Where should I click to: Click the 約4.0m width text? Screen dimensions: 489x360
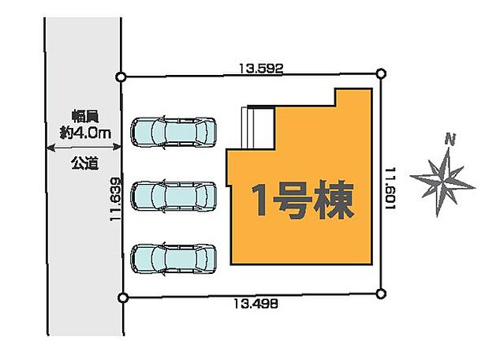83,133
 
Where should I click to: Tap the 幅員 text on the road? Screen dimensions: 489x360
83,115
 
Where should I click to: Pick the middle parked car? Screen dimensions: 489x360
174,194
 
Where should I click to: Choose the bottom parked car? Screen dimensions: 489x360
174,257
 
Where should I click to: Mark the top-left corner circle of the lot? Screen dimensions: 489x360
121,77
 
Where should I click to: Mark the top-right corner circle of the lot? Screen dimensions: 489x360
382,74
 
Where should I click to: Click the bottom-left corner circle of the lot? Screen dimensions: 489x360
122,298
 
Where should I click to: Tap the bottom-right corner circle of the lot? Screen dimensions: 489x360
383,295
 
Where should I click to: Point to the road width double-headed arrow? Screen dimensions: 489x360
83,146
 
